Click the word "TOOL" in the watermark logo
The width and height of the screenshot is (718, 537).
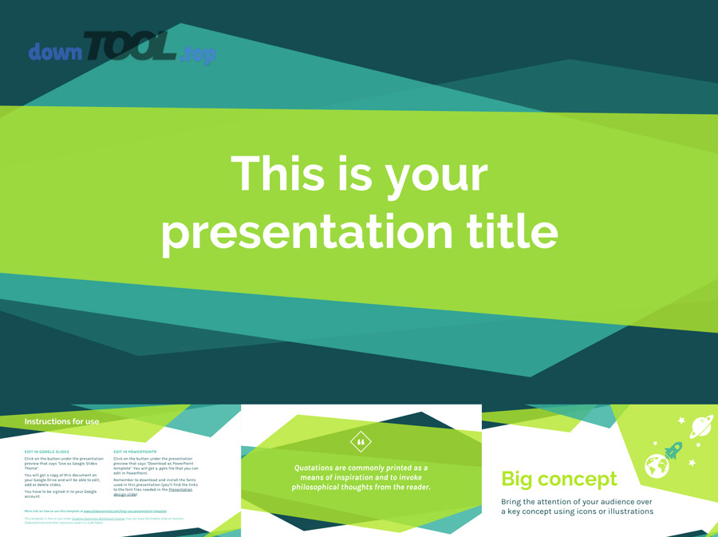tap(129, 49)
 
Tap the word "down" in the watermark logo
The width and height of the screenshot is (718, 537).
tap(56, 53)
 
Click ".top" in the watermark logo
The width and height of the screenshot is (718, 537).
tap(197, 54)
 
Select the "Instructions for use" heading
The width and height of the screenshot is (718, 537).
tap(61, 421)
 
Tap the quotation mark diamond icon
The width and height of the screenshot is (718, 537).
tap(361, 441)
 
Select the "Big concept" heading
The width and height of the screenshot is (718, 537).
tap(558, 479)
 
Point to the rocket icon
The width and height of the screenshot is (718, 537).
tap(673, 451)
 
